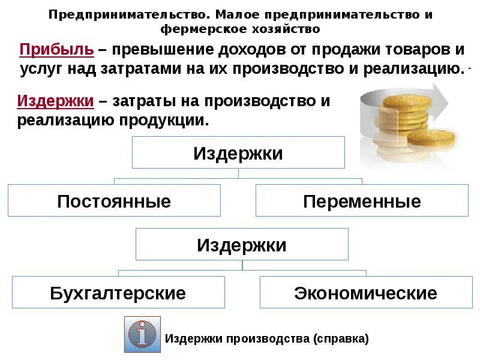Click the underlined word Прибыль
coord(56,50)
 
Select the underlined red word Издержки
coord(55,101)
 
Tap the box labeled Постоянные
coord(114,200)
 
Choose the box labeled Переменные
coord(362,200)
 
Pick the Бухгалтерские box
coord(118,292)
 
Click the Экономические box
coord(366,292)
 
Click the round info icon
coord(142,334)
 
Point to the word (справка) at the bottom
coord(341,339)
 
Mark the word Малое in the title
coord(237,14)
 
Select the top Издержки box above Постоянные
coord(238,152)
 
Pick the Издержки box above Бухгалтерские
coord(242,244)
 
